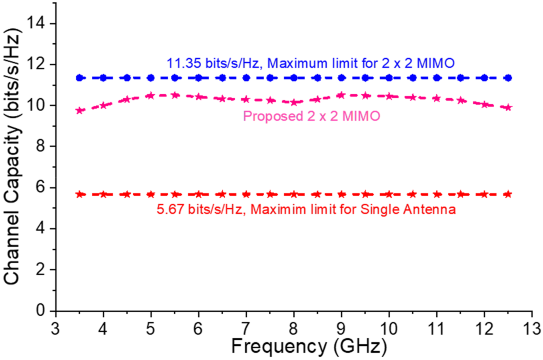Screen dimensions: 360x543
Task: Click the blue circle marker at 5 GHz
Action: pyautogui.click(x=151, y=78)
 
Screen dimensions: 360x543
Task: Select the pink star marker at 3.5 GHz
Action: pyautogui.click(x=79, y=110)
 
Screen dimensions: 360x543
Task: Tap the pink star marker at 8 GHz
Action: pyautogui.click(x=294, y=103)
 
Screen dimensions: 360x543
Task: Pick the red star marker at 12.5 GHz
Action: pyautogui.click(x=508, y=194)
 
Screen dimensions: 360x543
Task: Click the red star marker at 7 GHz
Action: pyautogui.click(x=246, y=194)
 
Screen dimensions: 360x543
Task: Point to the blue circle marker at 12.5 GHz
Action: pyautogui.click(x=508, y=78)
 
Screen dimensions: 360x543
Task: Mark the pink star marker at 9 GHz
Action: pyautogui.click(x=341, y=95)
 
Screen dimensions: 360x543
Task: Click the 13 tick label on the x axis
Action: pyautogui.click(x=532, y=329)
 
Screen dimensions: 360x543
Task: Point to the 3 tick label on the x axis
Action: pyautogui.click(x=55, y=329)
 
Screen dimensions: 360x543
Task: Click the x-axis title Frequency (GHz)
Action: pyautogui.click(x=309, y=346)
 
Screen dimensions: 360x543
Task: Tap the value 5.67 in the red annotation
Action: pyautogui.click(x=170, y=209)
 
